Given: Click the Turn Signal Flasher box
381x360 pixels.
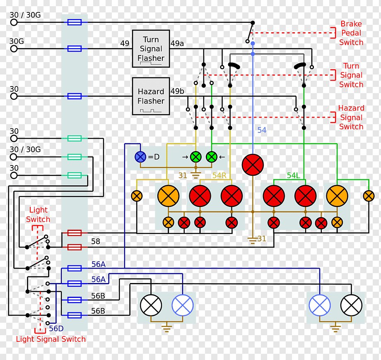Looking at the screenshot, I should pyautogui.click(x=151, y=48).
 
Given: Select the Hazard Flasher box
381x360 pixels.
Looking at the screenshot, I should pyautogui.click(x=151, y=96).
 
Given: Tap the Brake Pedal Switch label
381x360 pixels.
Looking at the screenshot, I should pyautogui.click(x=351, y=33).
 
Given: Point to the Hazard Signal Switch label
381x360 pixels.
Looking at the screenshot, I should pyautogui.click(x=351, y=118).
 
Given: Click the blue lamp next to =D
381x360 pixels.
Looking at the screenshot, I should pyautogui.click(x=140, y=157).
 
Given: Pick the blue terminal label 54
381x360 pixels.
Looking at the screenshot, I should pyautogui.click(x=262, y=130).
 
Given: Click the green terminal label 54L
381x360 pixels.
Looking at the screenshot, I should pyautogui.click(x=293, y=175).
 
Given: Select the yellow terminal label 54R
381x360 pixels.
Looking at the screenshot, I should pyautogui.click(x=219, y=175).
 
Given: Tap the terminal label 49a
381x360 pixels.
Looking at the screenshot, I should pyautogui.click(x=177, y=43).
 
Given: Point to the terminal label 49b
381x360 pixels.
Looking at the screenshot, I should pyautogui.click(x=177, y=91).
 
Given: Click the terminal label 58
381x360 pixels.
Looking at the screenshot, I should pyautogui.click(x=96, y=241).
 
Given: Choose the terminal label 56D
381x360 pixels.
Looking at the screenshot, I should pyautogui.click(x=56, y=329).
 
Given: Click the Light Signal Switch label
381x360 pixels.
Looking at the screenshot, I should pyautogui.click(x=51, y=339).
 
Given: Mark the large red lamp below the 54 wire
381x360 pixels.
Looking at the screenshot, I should pyautogui.click(x=253, y=165).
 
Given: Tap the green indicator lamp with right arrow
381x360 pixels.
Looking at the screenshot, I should pyautogui.click(x=196, y=157).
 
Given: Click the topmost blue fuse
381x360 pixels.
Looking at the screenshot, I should pyautogui.click(x=75, y=22).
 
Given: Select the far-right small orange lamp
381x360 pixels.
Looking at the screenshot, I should pyautogui.click(x=369, y=196).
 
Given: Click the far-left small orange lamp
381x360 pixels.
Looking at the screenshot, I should pyautogui.click(x=137, y=196).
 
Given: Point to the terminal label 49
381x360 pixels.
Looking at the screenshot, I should pyautogui.click(x=125, y=43).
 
